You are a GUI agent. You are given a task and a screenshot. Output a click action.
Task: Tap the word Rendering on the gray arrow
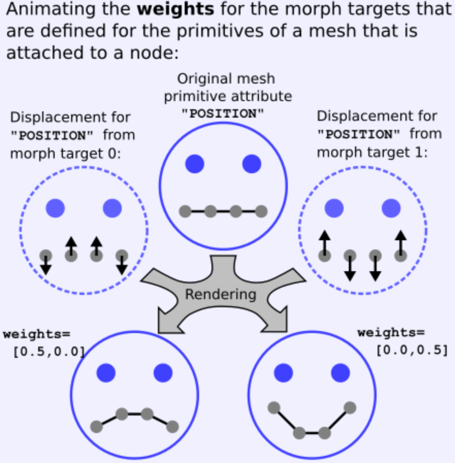(x=220, y=294)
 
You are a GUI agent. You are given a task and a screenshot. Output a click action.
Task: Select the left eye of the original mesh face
(x=194, y=163)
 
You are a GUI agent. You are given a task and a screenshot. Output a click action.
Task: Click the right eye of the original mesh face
(x=252, y=163)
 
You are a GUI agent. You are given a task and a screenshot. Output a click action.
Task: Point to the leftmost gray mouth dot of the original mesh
(x=185, y=211)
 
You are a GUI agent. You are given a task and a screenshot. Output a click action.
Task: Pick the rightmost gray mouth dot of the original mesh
(x=261, y=211)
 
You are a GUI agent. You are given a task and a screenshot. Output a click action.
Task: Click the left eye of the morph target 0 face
(x=55, y=208)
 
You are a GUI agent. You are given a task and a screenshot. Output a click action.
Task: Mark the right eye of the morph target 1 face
(x=391, y=208)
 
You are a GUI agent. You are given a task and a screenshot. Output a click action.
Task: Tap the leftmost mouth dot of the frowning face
(x=96, y=426)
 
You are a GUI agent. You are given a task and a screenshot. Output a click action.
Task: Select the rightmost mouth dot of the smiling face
(x=350, y=407)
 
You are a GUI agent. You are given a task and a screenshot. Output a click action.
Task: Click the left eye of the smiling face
(x=283, y=372)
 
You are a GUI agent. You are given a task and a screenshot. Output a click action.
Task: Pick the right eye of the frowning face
(x=163, y=372)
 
